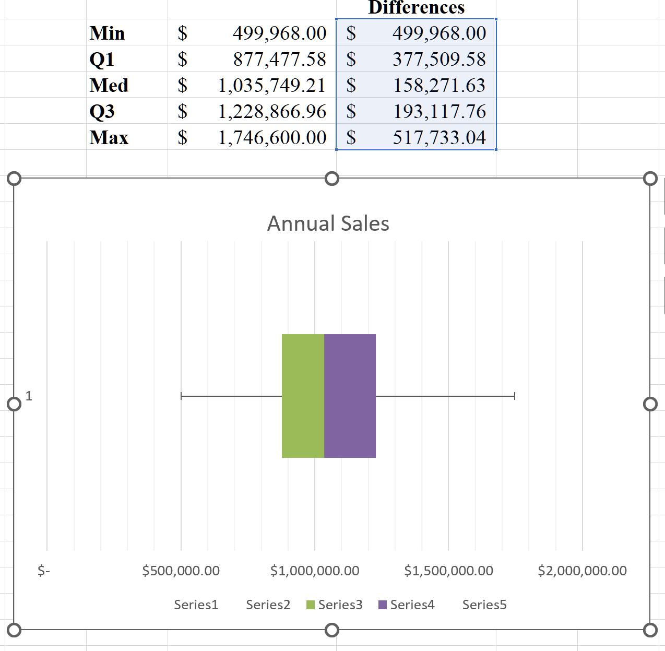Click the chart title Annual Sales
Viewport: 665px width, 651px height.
click(x=328, y=223)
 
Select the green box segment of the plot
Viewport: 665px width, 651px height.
click(x=303, y=396)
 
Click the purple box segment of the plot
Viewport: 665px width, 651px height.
click(x=350, y=396)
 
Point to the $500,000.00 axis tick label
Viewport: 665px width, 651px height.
click(x=181, y=571)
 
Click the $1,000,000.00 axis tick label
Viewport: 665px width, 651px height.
click(x=315, y=571)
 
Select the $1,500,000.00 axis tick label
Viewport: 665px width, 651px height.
click(x=448, y=571)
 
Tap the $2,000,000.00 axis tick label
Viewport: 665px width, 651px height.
click(x=582, y=571)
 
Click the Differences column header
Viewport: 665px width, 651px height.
click(x=416, y=8)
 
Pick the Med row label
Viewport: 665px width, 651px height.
click(x=109, y=85)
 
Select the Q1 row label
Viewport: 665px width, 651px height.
click(x=102, y=59)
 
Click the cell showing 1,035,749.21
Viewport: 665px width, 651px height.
click(x=271, y=85)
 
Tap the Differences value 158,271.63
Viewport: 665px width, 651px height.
click(x=439, y=85)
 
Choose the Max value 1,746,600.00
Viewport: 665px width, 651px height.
click(x=272, y=137)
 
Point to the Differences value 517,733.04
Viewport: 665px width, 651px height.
click(x=439, y=137)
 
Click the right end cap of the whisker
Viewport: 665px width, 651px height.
click(x=515, y=396)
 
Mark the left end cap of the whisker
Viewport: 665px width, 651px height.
click(x=181, y=396)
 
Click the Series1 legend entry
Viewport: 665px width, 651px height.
click(x=196, y=605)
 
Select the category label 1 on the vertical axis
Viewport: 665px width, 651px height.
click(x=29, y=396)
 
